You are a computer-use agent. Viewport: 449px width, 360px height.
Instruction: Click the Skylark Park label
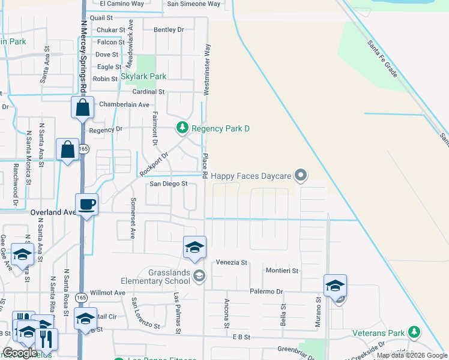(143, 77)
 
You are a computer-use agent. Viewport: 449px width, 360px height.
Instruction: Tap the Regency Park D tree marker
(181, 128)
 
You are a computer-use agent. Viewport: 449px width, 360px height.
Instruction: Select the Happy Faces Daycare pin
(301, 175)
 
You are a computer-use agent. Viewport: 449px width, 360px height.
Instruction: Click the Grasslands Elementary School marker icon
(200, 276)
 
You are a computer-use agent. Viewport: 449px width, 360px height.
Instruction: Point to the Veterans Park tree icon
(414, 332)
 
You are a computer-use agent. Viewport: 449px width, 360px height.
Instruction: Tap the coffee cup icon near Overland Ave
(87, 204)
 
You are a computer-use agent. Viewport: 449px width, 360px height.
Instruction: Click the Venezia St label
(232, 263)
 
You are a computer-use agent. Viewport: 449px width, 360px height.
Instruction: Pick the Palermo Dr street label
(267, 292)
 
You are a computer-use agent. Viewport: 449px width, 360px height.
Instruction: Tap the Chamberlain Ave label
(124, 104)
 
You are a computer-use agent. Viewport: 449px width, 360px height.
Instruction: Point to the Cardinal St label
(148, 92)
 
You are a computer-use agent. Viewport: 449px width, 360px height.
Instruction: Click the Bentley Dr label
(169, 29)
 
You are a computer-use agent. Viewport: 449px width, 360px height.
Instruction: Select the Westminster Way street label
(207, 69)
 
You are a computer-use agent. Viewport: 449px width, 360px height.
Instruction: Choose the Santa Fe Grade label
(382, 57)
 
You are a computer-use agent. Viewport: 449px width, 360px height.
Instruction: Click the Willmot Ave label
(112, 293)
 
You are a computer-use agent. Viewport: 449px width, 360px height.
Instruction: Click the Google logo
(20, 353)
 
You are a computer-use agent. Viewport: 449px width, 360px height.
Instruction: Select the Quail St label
(101, 18)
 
